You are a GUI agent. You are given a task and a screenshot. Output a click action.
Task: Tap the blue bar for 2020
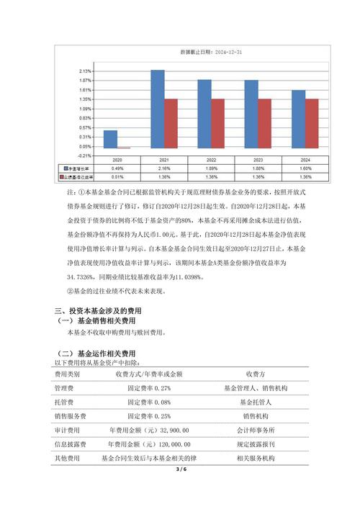coord(110,139)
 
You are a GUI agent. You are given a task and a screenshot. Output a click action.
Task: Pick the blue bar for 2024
coord(298,119)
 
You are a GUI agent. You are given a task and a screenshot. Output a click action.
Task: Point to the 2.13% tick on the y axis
coord(85,71)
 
